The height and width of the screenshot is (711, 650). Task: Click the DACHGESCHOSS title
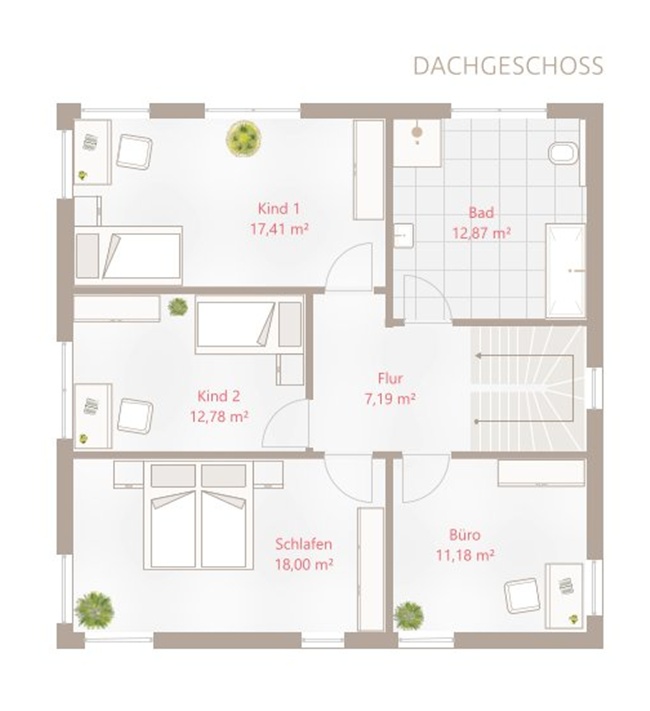point(508,66)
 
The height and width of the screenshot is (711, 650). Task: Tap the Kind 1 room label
point(279,209)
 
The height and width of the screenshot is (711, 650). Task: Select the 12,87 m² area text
point(481,233)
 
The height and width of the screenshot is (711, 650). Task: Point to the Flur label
point(390,378)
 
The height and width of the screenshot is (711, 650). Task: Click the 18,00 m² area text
point(304,564)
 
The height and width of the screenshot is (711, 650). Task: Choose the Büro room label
point(464,535)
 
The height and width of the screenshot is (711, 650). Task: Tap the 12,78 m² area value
point(219,416)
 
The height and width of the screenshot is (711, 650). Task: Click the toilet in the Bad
point(563,153)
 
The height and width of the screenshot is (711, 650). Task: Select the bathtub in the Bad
point(565,270)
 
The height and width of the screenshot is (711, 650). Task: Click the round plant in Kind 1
point(244,139)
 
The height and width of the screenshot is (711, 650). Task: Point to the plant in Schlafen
point(94,610)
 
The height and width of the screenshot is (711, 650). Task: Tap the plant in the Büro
point(408,615)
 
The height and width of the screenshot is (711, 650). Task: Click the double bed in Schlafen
point(198,515)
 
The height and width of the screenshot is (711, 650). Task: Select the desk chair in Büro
point(523,596)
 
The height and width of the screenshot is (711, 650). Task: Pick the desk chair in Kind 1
point(134,152)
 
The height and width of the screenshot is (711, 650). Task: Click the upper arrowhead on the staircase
point(478,356)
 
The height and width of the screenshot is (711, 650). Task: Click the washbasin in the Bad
point(403,235)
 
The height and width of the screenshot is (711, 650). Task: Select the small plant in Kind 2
point(178,307)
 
